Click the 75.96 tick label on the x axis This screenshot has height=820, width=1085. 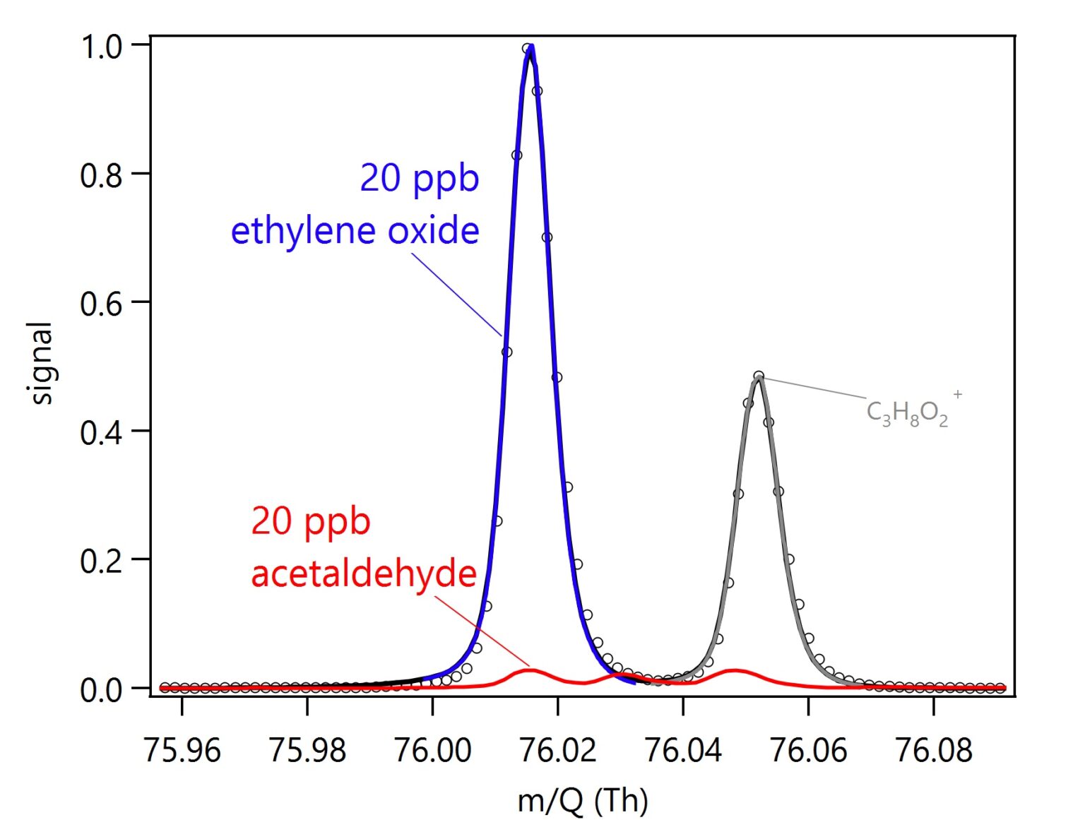(182, 749)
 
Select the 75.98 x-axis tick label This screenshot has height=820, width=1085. (307, 749)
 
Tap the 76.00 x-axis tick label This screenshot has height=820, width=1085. (432, 749)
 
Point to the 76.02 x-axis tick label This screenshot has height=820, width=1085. (558, 749)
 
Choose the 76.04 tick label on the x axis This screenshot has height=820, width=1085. (683, 749)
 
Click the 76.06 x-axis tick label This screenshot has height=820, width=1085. (808, 749)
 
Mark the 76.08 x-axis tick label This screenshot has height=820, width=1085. (934, 749)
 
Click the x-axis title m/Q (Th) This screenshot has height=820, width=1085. (583, 800)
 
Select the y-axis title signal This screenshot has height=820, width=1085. (42, 363)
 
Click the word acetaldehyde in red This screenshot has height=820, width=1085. (364, 573)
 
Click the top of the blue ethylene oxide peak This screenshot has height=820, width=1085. (530, 49)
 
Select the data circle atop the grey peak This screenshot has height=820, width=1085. (759, 376)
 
